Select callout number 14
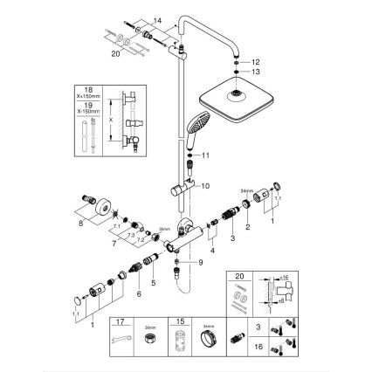click(x=156, y=18)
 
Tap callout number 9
click(x=201, y=262)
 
